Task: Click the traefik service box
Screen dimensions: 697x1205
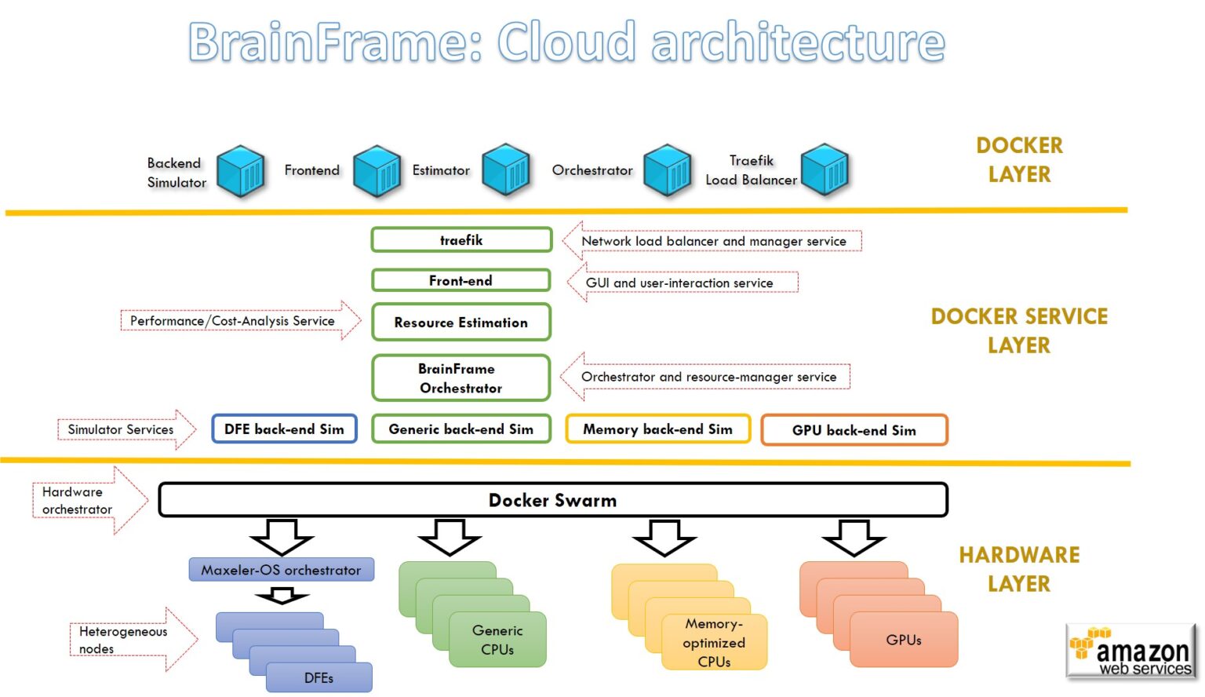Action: click(461, 240)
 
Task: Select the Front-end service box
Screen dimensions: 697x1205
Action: click(461, 280)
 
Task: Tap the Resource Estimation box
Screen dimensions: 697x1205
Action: click(461, 323)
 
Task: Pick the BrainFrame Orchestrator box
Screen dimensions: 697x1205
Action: click(461, 378)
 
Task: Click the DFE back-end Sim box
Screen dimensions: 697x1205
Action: click(284, 429)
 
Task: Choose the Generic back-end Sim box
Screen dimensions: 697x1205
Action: click(461, 429)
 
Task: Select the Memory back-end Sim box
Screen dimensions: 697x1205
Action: click(657, 429)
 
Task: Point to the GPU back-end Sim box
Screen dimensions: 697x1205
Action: click(854, 430)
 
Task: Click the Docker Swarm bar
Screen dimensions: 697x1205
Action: click(553, 500)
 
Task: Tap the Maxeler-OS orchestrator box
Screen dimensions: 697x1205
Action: click(281, 570)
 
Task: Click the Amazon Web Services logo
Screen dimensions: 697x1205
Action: click(1130, 651)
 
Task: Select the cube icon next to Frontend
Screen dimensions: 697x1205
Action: click(377, 170)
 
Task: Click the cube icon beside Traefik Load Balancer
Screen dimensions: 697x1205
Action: click(825, 170)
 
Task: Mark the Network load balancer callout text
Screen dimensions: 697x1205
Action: click(713, 241)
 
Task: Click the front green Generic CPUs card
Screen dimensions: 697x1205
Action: click(497, 640)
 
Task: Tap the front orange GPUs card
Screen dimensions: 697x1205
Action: click(904, 640)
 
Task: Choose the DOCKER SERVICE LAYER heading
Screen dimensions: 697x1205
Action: click(1019, 330)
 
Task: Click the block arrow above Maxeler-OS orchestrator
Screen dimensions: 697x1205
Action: click(282, 537)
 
